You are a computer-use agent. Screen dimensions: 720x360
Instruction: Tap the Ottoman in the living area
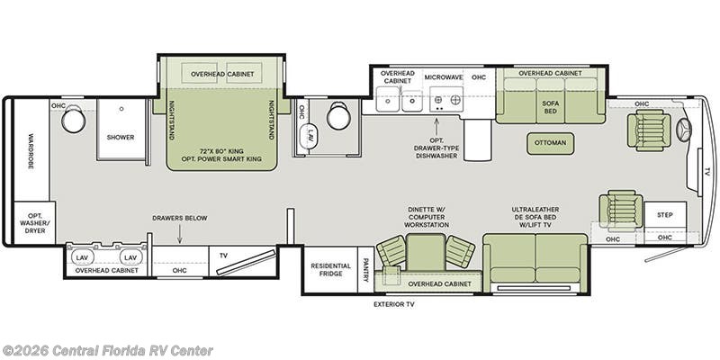[x=550, y=143]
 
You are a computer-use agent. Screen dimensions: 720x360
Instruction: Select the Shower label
[x=121, y=138]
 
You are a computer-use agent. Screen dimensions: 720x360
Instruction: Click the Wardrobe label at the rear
[x=31, y=151]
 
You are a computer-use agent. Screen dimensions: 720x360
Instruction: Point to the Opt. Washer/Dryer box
[x=35, y=222]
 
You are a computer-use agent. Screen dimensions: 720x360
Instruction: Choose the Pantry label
[x=365, y=269]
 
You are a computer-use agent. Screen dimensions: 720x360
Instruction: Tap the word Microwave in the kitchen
[x=443, y=77]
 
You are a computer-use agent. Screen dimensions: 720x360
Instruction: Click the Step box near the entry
[x=665, y=215]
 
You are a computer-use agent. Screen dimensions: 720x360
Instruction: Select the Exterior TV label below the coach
[x=394, y=304]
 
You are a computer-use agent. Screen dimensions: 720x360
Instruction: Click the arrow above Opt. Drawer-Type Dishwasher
[x=436, y=125]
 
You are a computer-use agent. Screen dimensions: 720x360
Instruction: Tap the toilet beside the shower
[x=74, y=119]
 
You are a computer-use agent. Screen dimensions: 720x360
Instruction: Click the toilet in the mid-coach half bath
[x=339, y=115]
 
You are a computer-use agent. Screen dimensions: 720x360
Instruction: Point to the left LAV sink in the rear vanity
[x=82, y=257]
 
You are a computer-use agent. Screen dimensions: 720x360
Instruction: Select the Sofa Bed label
[x=550, y=107]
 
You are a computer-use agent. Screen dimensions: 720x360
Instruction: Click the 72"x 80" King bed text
[x=222, y=151]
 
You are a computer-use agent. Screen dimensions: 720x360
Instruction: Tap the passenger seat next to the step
[x=620, y=211]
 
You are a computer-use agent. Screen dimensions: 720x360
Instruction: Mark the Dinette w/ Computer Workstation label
[x=428, y=217]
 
